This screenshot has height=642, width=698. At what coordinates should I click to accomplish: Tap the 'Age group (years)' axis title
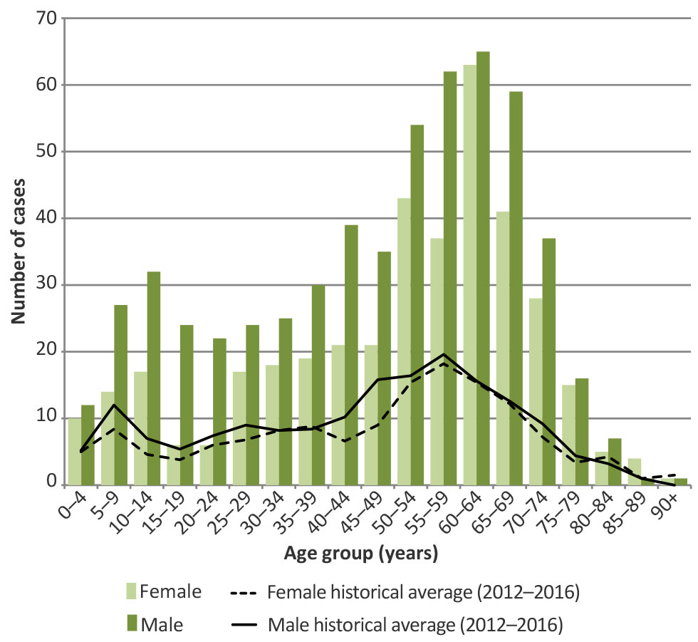pos(361,552)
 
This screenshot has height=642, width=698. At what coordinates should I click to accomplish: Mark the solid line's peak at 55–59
pos(444,354)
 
